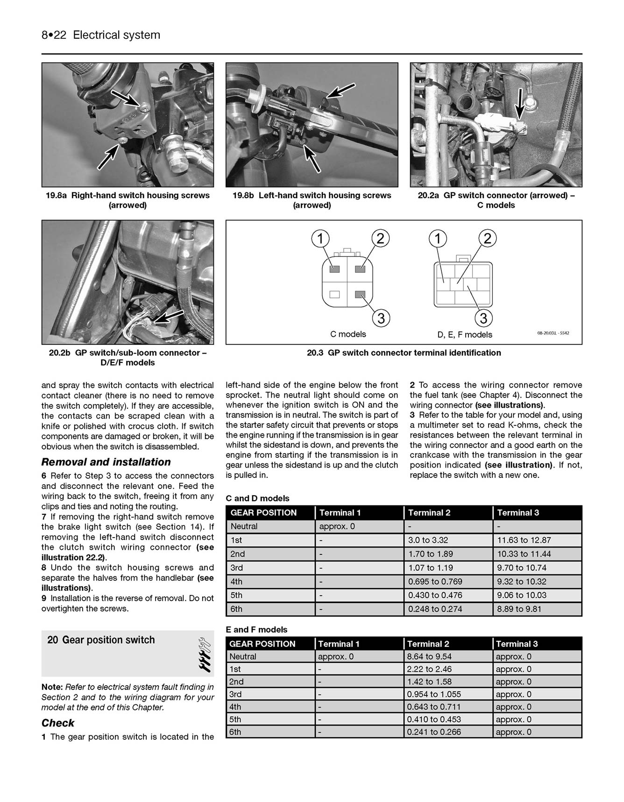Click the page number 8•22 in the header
pyautogui.click(x=55, y=35)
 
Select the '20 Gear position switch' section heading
pyautogui.click(x=101, y=640)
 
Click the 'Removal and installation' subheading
pyautogui.click(x=106, y=462)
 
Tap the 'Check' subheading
pyautogui.click(x=58, y=723)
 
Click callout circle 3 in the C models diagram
pyautogui.click(x=381, y=319)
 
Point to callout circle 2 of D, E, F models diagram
pyautogui.click(x=488, y=239)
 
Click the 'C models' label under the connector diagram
pyautogui.click(x=348, y=334)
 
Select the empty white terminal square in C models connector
pyautogui.click(x=334, y=295)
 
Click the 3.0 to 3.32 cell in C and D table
pyautogui.click(x=428, y=540)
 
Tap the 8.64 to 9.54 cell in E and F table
pyautogui.click(x=429, y=656)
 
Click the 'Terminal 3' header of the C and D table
pyautogui.click(x=518, y=512)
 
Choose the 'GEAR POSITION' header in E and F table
pyautogui.click(x=262, y=644)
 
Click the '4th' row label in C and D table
pyautogui.click(x=237, y=582)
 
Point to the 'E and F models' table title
pyautogui.click(x=256, y=630)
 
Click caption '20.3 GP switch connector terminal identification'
pyautogui.click(x=404, y=353)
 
